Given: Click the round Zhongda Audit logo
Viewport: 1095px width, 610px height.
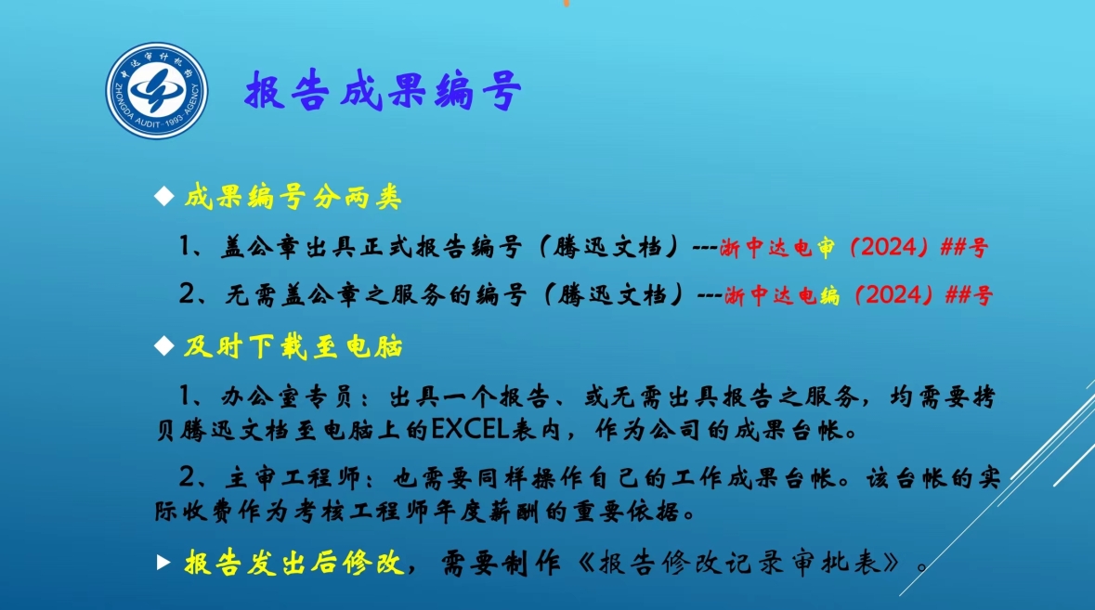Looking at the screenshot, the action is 156,91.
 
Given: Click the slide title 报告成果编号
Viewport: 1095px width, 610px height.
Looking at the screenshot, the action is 384,91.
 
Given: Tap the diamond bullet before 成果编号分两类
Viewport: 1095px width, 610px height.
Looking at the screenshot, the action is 164,196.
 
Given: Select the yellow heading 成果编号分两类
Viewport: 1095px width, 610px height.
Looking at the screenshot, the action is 293,198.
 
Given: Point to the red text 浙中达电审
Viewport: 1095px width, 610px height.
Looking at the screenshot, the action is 777,248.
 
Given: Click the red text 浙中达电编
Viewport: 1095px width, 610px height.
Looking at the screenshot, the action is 782,296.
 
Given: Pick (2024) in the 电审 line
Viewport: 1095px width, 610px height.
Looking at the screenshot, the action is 888,247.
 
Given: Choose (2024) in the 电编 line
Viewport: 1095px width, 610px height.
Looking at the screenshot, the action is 893,295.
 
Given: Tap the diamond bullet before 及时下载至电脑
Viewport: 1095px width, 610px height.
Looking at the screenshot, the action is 164,345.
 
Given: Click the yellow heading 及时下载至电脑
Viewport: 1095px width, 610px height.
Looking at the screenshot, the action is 293,347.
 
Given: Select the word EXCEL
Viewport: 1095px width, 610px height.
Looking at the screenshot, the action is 470,429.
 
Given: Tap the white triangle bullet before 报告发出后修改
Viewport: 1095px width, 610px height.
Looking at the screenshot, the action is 163,562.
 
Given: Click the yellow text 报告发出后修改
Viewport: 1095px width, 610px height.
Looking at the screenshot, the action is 294,563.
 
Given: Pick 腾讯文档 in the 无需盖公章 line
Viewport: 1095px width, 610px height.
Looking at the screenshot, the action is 612,295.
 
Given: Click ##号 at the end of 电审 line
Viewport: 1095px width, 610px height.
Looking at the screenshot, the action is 964,248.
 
